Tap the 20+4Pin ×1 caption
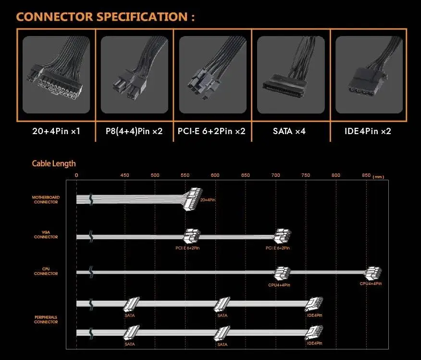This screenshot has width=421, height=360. (56, 131)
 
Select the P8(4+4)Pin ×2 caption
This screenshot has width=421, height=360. (134, 131)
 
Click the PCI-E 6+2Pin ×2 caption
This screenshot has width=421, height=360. (211, 131)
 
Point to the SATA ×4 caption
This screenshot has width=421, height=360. (289, 131)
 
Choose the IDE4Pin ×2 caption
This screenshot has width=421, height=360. (368, 131)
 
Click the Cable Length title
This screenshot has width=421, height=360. (54, 163)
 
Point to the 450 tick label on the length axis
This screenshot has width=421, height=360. (124, 175)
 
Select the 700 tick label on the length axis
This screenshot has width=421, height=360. (275, 175)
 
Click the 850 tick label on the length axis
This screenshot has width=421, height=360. (366, 175)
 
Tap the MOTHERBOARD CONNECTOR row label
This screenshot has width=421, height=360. (46, 199)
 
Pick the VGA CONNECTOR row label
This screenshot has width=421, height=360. (46, 235)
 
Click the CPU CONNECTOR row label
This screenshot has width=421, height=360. (46, 271)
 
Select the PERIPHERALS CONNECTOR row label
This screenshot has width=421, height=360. (46, 320)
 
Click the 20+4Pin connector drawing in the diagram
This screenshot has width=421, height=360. (192, 199)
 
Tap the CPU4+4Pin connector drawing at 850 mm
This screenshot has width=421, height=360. (372, 273)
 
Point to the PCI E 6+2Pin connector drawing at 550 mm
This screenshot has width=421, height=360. (192, 236)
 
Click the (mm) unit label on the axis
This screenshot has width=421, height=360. (378, 177)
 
